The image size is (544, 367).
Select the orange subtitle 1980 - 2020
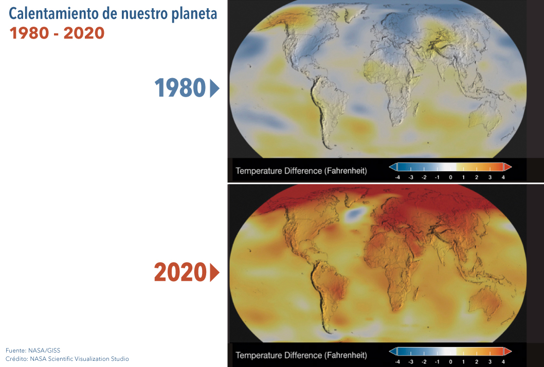point(57,33)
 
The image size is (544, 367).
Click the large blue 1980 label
point(180,87)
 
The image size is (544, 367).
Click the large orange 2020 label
point(180,272)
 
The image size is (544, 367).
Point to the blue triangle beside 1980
point(214,88)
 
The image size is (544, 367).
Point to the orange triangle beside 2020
point(214,272)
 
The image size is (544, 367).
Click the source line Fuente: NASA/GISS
point(33,351)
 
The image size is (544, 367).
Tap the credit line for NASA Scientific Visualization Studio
point(67,359)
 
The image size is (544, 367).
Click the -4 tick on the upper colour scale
point(397,177)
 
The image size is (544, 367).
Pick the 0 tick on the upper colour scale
point(450,177)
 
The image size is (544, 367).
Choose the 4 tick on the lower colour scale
point(503,362)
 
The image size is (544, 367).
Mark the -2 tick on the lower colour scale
point(424,362)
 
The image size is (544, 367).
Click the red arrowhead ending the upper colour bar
point(507,167)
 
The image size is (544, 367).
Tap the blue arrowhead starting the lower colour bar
point(393,352)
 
